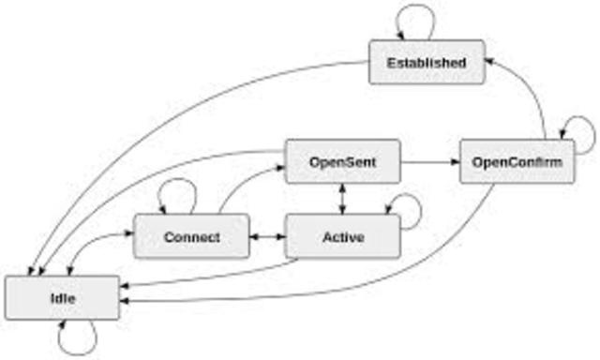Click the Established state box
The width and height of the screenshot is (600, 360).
tap(427, 62)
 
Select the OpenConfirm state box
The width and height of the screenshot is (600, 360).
tap(517, 162)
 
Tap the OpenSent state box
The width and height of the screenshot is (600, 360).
tap(342, 162)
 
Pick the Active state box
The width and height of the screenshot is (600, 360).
tap(342, 236)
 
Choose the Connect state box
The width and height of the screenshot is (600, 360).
tap(191, 236)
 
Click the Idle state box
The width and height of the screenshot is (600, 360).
tap(62, 297)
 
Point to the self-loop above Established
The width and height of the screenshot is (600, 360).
tap(413, 19)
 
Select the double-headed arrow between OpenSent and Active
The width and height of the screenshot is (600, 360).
tap(342, 199)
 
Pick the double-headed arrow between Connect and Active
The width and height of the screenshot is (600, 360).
tap(267, 236)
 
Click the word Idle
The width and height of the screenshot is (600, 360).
tap(62, 297)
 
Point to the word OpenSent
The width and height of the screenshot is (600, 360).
tap(342, 162)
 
